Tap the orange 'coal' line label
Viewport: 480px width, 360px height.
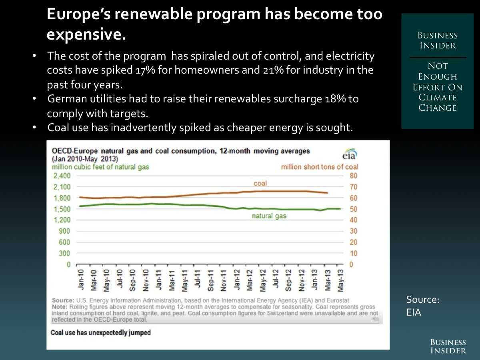260,184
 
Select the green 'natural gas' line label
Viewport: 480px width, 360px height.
269,216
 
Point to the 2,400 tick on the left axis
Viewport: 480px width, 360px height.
62,176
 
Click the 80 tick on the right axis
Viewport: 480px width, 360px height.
353,176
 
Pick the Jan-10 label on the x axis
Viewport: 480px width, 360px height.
81,280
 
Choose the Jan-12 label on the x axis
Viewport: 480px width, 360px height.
237,280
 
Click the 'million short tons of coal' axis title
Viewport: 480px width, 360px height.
320,167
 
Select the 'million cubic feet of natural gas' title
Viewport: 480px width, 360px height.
100,167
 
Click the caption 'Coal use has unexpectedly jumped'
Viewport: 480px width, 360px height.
100,332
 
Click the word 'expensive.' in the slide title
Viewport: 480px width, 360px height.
86,35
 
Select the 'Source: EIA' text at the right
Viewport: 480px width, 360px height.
422,306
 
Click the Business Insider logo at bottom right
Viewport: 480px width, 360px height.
448,346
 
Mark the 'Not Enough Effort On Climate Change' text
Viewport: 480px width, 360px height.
438,87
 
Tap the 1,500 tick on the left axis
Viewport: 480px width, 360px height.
62,209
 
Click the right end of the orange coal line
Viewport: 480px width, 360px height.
328,193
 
